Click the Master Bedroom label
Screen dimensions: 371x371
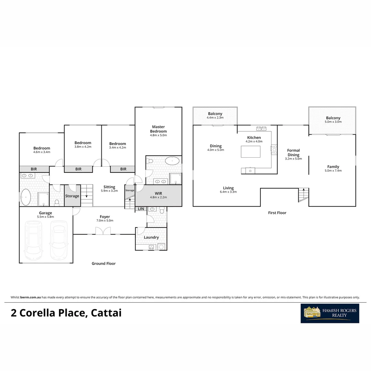(158, 129)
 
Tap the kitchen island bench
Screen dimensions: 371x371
(250, 151)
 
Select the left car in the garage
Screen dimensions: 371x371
(33, 240)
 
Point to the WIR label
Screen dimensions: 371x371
(158, 193)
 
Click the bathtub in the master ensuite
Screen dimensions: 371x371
(172, 160)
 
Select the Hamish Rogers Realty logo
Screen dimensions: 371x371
(330, 313)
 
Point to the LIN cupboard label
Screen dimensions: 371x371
(141, 209)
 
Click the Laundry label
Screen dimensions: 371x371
(151, 237)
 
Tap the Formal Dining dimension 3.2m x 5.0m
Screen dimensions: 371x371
(293, 159)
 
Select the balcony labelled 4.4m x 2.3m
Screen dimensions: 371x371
(215, 116)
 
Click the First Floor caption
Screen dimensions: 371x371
(277, 213)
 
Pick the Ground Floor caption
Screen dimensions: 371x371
(103, 263)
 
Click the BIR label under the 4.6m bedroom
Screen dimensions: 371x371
(34, 169)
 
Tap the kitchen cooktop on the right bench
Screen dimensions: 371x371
(274, 149)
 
